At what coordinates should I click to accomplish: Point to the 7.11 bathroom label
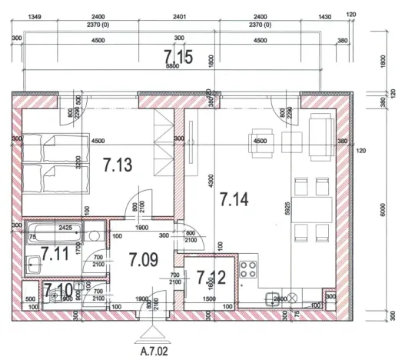tap(55, 252)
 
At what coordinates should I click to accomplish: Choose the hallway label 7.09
tap(143, 259)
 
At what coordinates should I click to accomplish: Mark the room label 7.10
tap(58, 290)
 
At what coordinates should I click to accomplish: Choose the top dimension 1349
tap(35, 17)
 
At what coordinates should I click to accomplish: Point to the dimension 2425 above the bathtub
tap(65, 228)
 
